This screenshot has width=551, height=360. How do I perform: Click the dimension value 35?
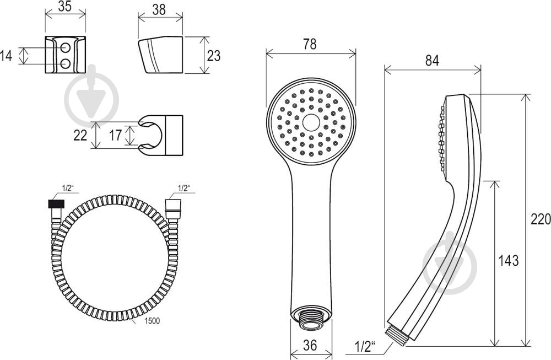(x=65, y=6)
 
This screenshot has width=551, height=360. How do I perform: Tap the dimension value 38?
(x=159, y=9)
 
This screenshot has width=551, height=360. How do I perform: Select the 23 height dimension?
(x=213, y=56)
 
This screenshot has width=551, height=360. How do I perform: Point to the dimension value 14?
(x=6, y=56)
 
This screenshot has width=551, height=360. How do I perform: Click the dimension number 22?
(x=80, y=136)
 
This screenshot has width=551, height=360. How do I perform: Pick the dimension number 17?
(x=115, y=136)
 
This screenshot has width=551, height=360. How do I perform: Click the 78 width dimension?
(x=310, y=44)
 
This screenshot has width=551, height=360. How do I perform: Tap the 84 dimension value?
(x=432, y=61)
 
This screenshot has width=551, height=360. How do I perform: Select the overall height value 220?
(x=541, y=220)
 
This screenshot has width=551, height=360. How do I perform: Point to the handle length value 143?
(x=509, y=261)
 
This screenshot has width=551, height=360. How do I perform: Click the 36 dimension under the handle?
(x=310, y=345)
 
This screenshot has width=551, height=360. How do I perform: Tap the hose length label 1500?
(x=152, y=321)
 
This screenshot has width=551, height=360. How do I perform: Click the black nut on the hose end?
(x=57, y=205)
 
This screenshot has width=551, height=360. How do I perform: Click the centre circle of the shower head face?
(x=311, y=122)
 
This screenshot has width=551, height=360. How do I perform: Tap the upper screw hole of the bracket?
(x=66, y=47)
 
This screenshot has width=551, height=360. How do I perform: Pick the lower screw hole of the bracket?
(x=66, y=63)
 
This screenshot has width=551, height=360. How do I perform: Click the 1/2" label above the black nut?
(x=67, y=189)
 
